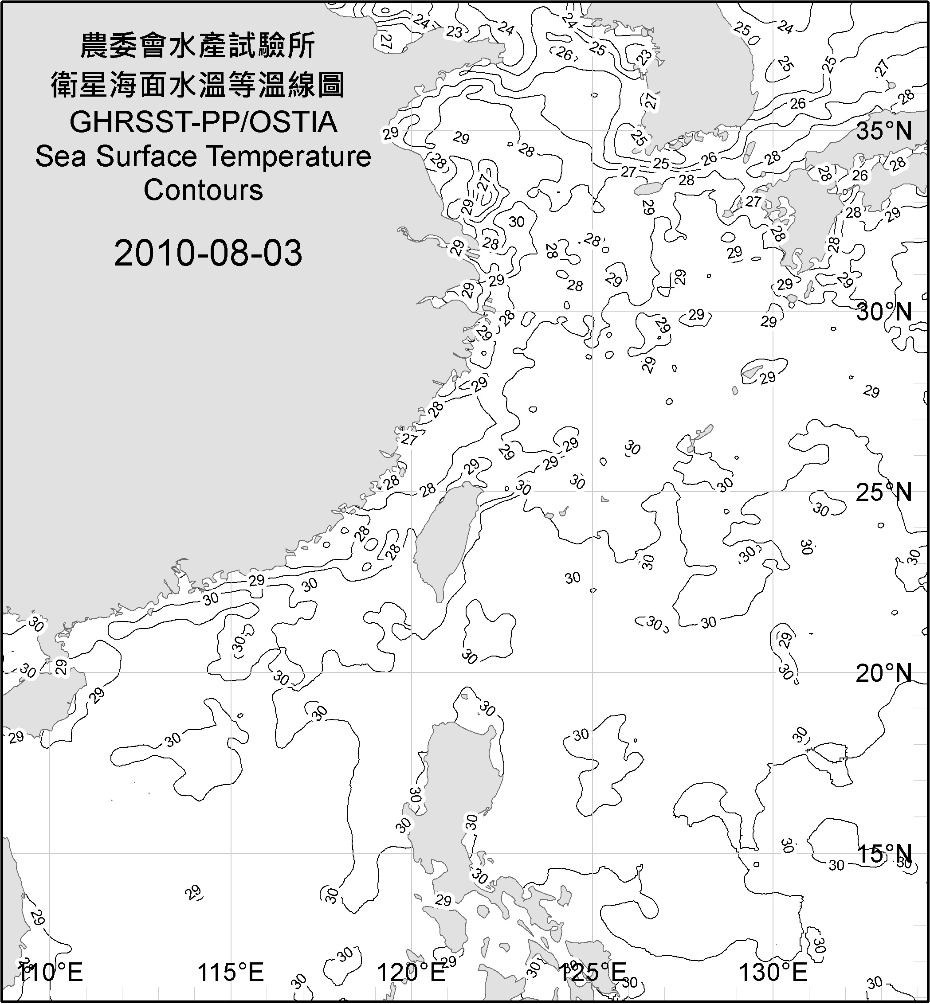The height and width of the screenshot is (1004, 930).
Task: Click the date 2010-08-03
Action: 208,253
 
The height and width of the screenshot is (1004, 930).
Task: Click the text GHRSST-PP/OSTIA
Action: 203,122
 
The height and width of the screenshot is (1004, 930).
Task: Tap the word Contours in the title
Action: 203,190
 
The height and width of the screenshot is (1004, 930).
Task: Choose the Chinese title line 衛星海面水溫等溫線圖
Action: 198,85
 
